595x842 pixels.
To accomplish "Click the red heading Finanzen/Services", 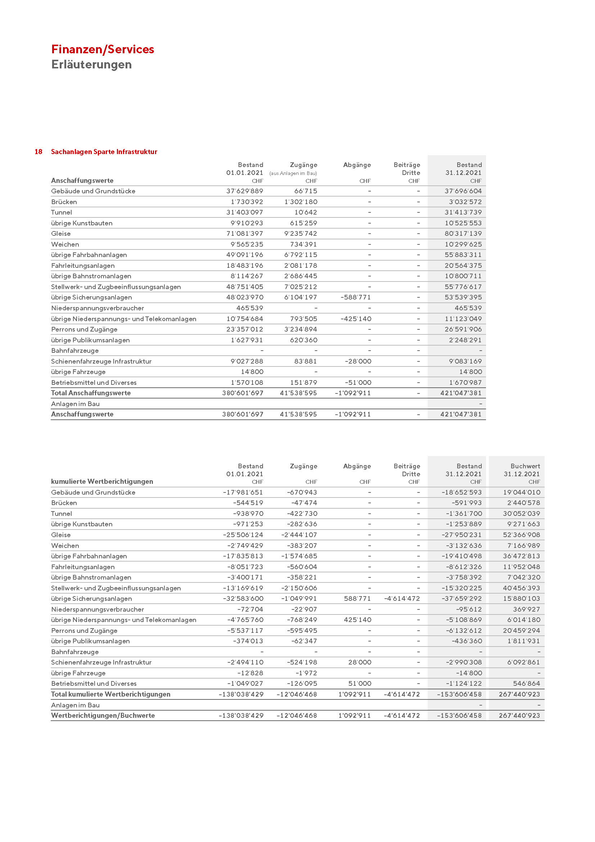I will click(x=103, y=49).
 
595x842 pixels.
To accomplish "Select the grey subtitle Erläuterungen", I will click(x=91, y=64).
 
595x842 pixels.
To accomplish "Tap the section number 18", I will click(x=38, y=152).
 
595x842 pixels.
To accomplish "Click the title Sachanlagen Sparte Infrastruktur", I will click(x=104, y=152).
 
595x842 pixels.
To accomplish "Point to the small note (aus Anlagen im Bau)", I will click(x=293, y=174).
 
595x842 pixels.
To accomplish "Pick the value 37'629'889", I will click(x=244, y=191).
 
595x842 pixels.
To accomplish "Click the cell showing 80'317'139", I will click(x=463, y=234).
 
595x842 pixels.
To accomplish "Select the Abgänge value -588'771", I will click(x=356, y=297).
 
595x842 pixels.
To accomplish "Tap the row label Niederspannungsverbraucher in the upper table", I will click(x=97, y=308).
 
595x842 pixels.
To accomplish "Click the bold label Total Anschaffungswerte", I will click(x=91, y=393).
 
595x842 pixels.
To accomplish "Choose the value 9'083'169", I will click(x=465, y=361).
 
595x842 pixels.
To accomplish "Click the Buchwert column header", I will click(x=525, y=466).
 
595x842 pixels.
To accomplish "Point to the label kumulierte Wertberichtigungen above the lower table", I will click(x=102, y=482).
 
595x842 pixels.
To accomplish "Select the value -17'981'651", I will click(x=243, y=492).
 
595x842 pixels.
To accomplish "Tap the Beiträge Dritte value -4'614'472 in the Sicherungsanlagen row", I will click(x=402, y=599).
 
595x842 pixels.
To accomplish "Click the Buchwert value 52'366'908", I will click(x=521, y=535).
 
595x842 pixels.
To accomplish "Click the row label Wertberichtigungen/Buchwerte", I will click(x=103, y=716).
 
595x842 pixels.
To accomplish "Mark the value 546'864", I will click(x=526, y=684).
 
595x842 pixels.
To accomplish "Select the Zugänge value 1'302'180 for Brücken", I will click(x=301, y=202).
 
